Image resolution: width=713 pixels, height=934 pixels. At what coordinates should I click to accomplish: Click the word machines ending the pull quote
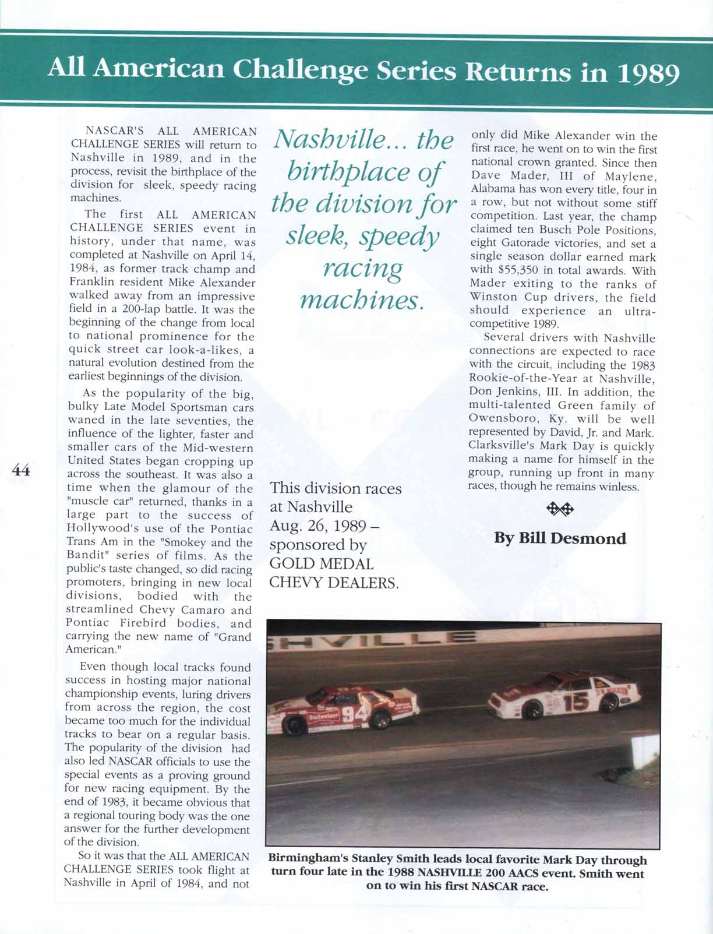(x=361, y=300)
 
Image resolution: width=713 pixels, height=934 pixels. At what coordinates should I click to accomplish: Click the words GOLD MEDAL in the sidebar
(x=321, y=563)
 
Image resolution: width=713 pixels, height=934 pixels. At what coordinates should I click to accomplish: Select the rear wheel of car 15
(x=609, y=703)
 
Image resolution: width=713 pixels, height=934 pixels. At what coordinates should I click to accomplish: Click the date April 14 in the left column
(x=235, y=255)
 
